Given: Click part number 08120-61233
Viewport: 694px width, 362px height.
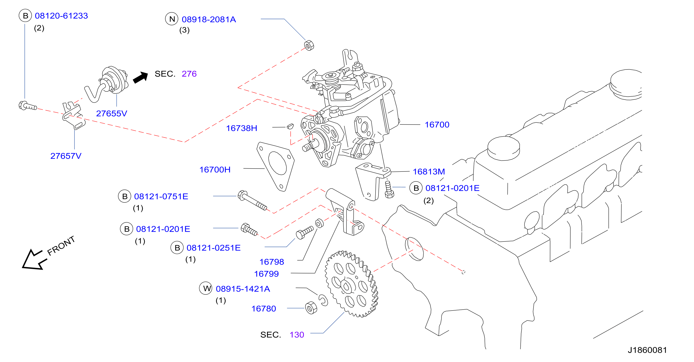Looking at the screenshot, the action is (61, 16).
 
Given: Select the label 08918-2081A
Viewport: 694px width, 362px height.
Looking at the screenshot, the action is (209, 20).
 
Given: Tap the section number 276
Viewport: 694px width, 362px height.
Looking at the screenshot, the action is (189, 74).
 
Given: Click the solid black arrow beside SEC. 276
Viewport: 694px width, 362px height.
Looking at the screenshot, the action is (141, 78).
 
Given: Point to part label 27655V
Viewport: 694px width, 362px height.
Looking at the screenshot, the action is (111, 113).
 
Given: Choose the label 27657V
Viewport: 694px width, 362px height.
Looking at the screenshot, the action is (66, 156).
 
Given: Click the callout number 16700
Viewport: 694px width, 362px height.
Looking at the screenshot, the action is (437, 125).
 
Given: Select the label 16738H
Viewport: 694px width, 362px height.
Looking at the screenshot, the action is (241, 128).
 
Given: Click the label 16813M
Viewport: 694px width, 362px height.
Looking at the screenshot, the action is (429, 171).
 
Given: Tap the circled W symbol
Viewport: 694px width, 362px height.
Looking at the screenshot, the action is (206, 288).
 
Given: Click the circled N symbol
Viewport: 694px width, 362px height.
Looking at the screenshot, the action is (172, 19).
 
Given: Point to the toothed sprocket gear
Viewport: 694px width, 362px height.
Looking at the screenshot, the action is (352, 284).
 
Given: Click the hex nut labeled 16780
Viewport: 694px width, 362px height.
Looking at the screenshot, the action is (311, 308).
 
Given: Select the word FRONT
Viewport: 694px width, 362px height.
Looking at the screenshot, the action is (61, 246).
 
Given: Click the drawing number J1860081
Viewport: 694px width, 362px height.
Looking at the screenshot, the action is (647, 350).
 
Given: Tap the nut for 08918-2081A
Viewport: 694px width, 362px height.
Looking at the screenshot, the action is (309, 45).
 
